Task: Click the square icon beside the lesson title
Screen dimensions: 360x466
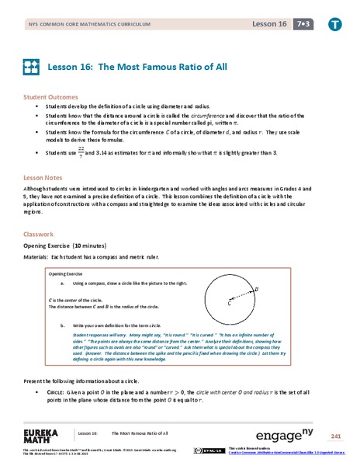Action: (x=31, y=67)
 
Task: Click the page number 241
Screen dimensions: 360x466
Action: (x=335, y=434)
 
